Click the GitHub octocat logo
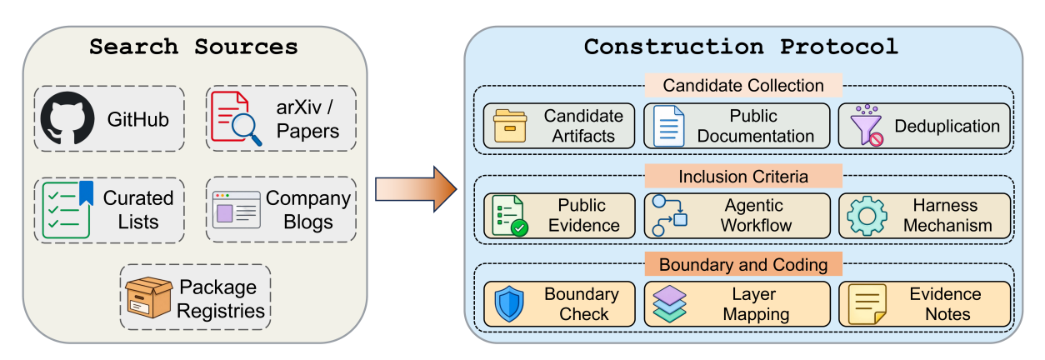point(67,118)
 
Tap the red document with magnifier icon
point(236,118)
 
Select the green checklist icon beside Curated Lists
point(67,209)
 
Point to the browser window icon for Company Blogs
point(237,210)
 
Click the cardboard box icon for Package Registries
point(149,297)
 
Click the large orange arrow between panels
point(416,189)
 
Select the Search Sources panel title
point(193,47)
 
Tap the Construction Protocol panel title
point(741,47)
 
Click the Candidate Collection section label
point(743,85)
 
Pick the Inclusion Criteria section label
point(743,177)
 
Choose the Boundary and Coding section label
point(743,264)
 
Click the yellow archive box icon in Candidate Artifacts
point(510,126)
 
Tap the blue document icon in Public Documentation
point(668,126)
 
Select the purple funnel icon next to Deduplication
point(867,125)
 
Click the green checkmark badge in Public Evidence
point(519,228)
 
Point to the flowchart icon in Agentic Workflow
point(669,216)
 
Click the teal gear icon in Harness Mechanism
point(867,216)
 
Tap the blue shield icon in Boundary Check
point(509,304)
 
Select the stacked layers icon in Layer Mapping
point(669,304)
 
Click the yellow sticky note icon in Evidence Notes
point(867,304)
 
